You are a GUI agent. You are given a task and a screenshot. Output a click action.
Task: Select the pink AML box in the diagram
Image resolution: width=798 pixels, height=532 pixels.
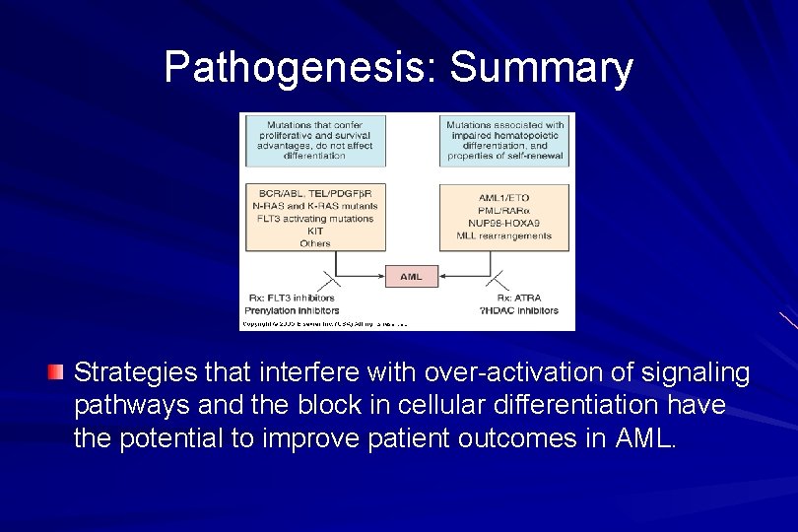coord(411,276)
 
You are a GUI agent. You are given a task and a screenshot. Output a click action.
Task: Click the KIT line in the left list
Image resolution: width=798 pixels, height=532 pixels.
coord(315,231)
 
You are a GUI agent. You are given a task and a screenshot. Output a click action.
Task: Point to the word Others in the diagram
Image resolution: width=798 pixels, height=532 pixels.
coord(315,242)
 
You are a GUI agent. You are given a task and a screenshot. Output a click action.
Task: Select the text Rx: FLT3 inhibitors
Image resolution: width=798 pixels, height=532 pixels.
coord(292,298)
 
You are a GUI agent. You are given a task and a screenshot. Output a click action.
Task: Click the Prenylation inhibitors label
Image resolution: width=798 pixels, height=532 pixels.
coord(294,310)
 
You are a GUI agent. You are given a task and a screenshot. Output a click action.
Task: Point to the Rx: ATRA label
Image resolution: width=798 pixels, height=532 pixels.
coord(518,298)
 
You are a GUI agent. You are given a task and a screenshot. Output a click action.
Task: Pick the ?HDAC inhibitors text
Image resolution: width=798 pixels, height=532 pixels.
coord(518,310)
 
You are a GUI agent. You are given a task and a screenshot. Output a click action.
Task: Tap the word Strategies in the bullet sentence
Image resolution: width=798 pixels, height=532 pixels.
coord(131,373)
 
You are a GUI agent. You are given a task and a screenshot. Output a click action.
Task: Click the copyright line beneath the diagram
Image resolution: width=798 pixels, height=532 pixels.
coord(325,323)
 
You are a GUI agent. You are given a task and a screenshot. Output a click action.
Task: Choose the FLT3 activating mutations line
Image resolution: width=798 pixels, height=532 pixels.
coord(314,218)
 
